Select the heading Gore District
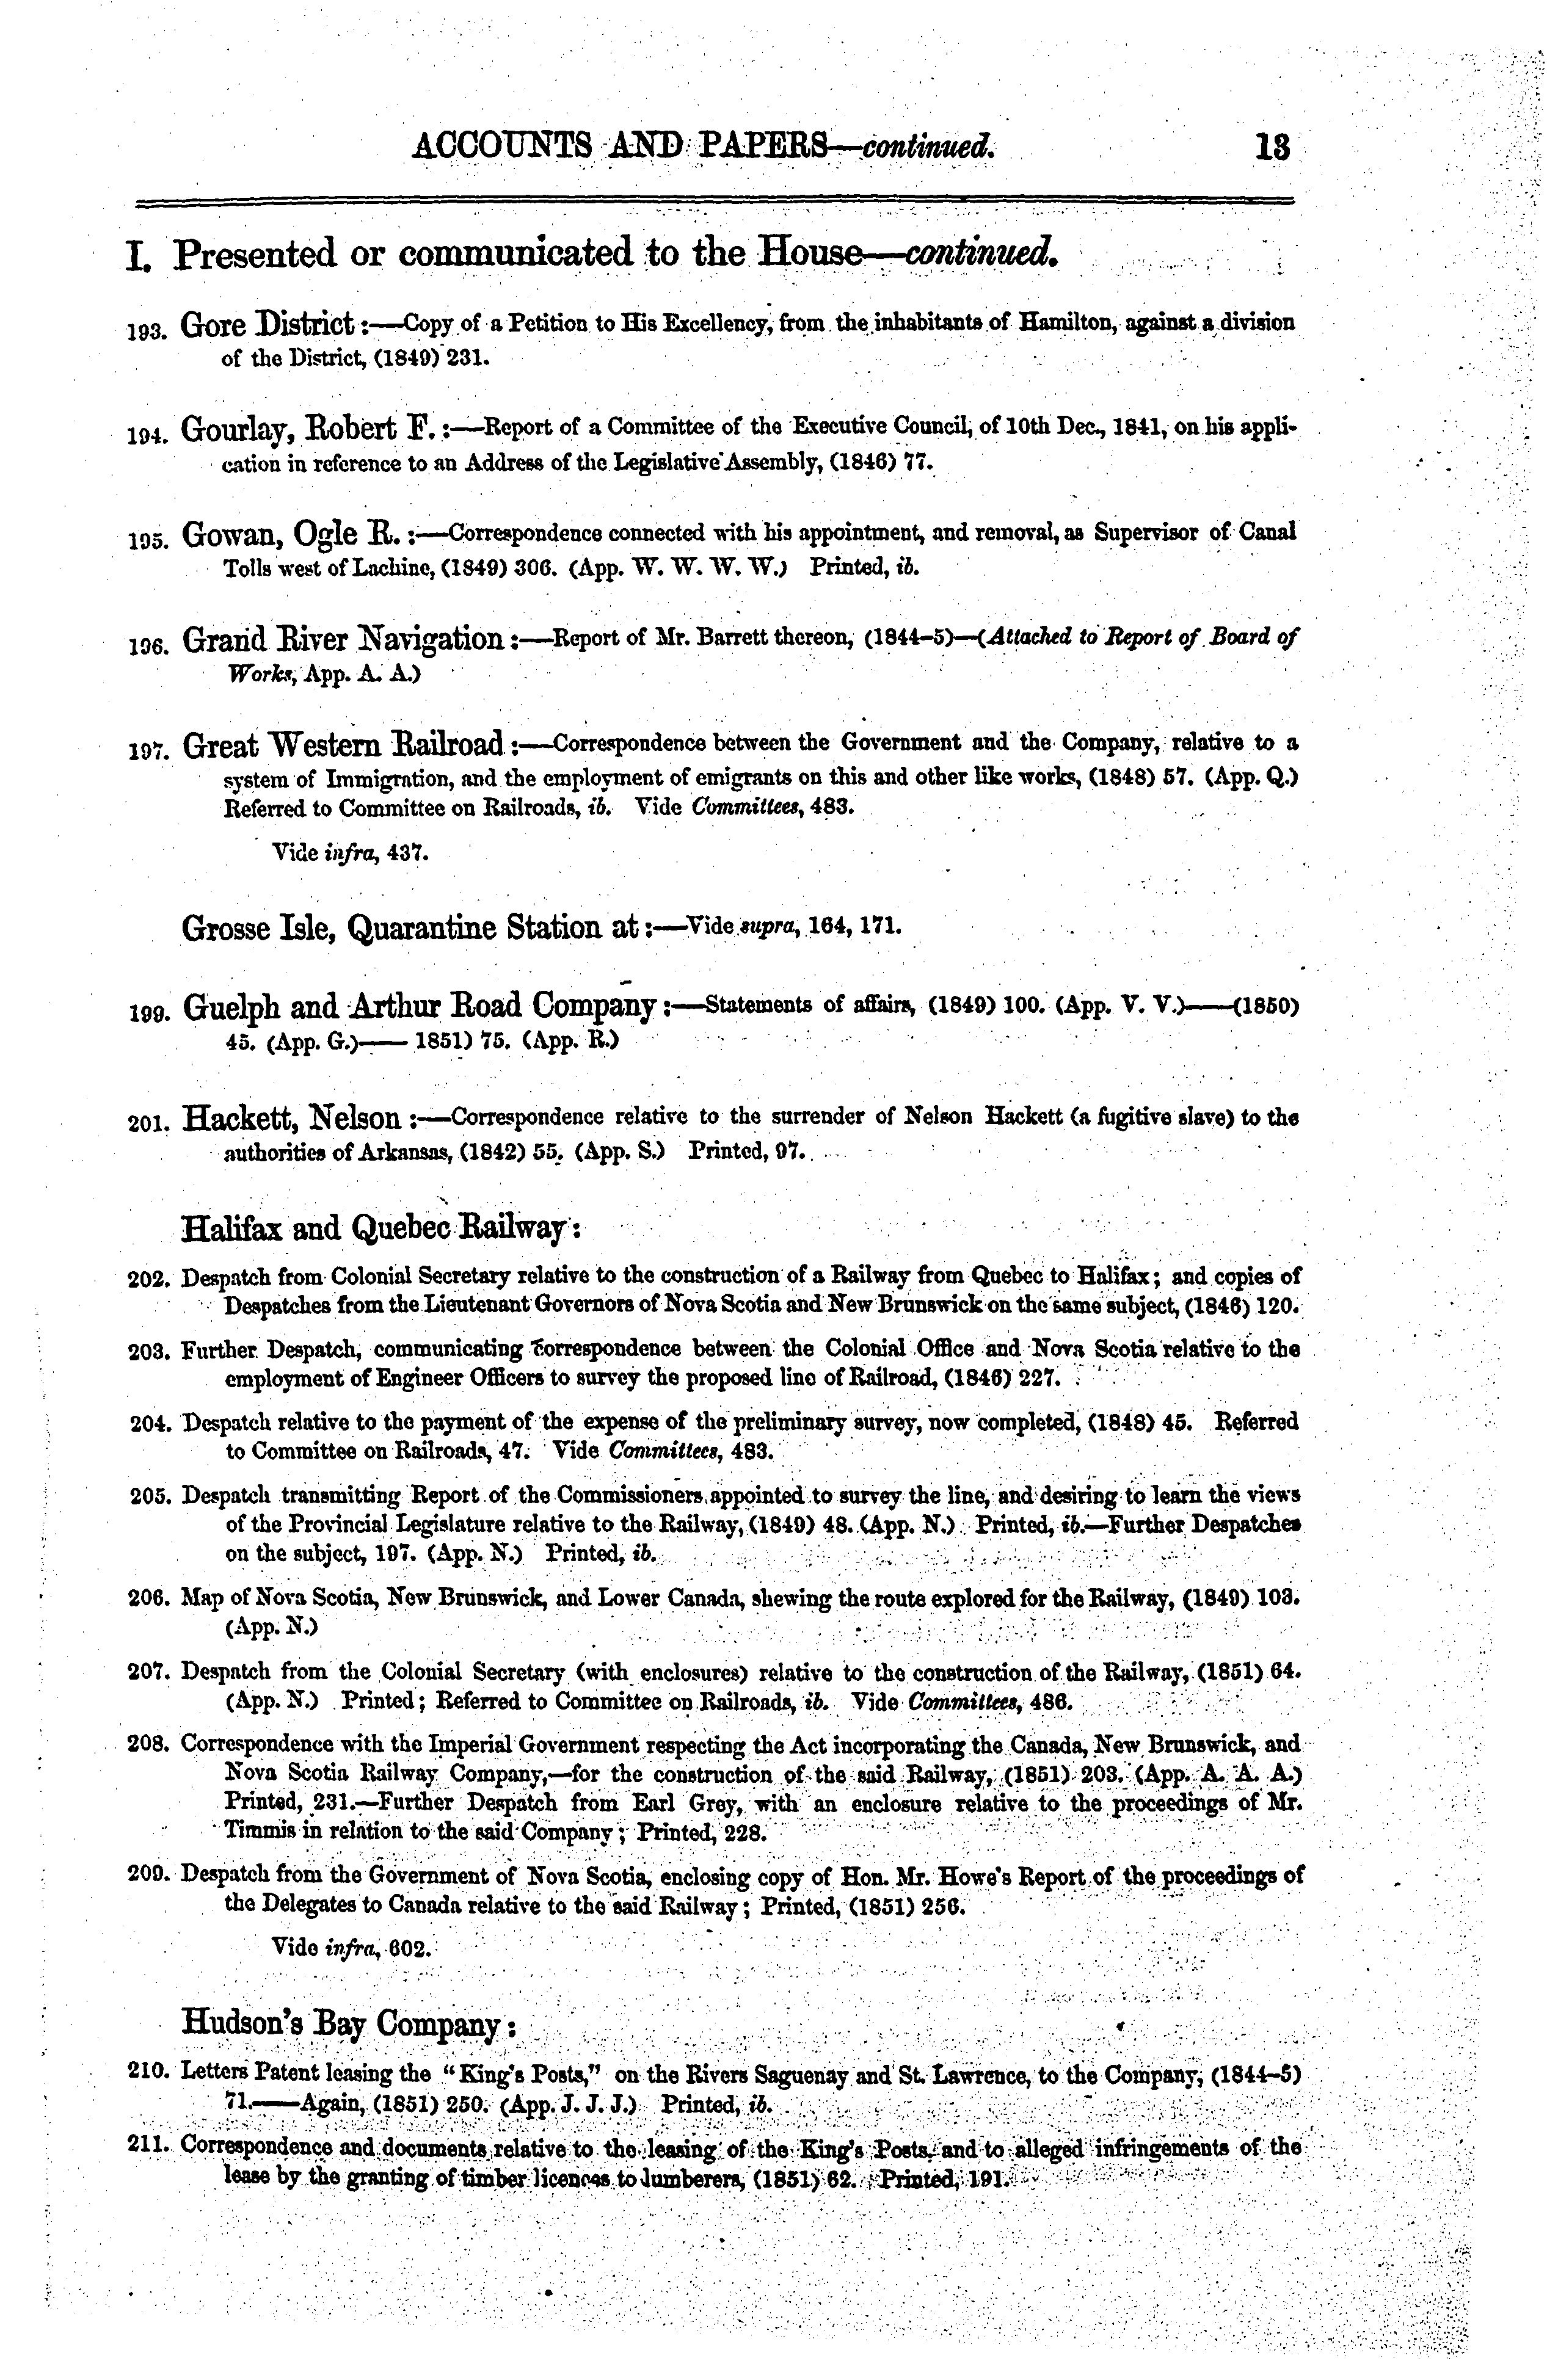click(x=268, y=324)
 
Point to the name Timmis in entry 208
click(x=257, y=1830)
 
